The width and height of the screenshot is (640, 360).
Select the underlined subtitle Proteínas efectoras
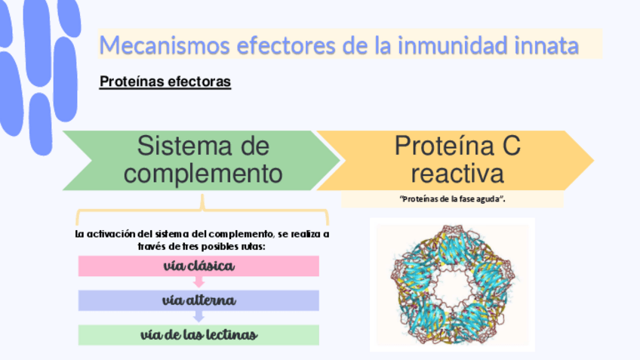click(165, 82)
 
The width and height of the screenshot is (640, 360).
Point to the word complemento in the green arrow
click(203, 174)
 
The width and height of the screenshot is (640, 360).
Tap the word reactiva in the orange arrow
click(457, 174)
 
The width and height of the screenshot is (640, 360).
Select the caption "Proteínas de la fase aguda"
click(452, 198)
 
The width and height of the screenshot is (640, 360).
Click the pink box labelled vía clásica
click(198, 266)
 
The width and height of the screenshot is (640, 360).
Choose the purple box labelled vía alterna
click(198, 300)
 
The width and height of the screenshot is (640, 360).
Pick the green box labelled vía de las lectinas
click(198, 334)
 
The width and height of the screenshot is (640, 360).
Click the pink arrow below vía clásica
click(199, 282)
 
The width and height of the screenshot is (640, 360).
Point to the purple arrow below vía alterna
click(199, 317)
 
